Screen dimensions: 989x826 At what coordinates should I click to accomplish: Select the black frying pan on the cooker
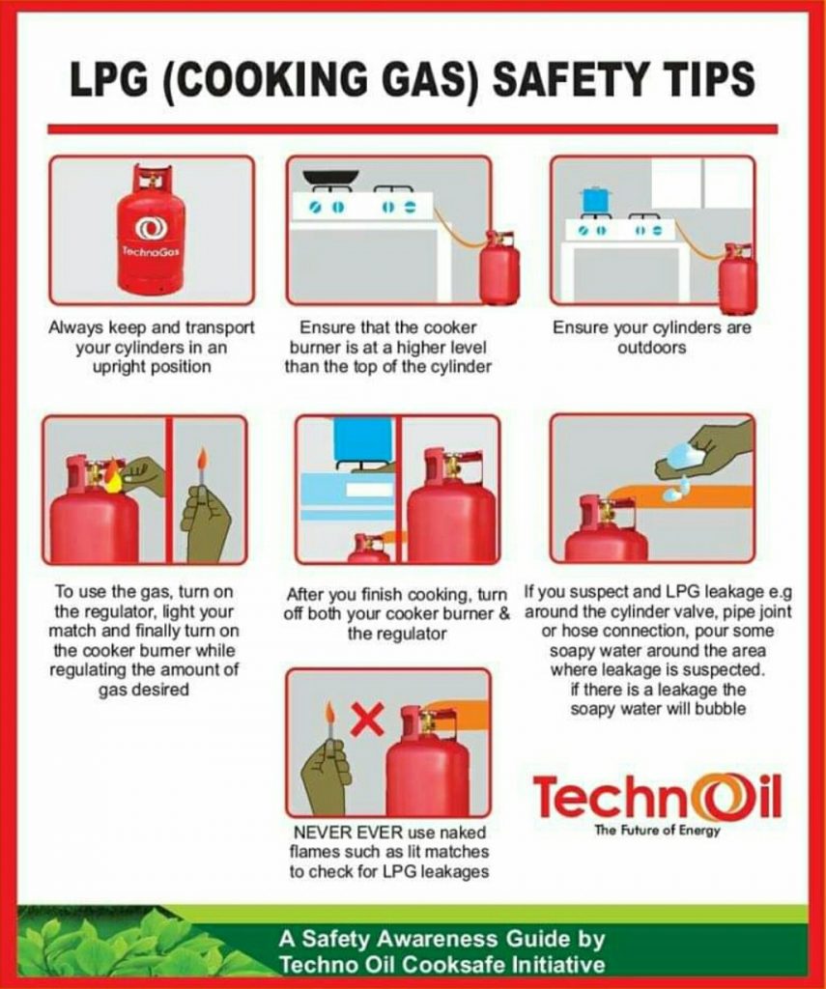pyautogui.click(x=330, y=178)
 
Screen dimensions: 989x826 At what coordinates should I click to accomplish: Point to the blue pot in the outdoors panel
pyautogui.click(x=595, y=200)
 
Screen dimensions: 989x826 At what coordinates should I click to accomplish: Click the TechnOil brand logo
pyautogui.click(x=656, y=798)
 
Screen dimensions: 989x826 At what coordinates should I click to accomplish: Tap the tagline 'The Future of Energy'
pyautogui.click(x=657, y=832)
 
